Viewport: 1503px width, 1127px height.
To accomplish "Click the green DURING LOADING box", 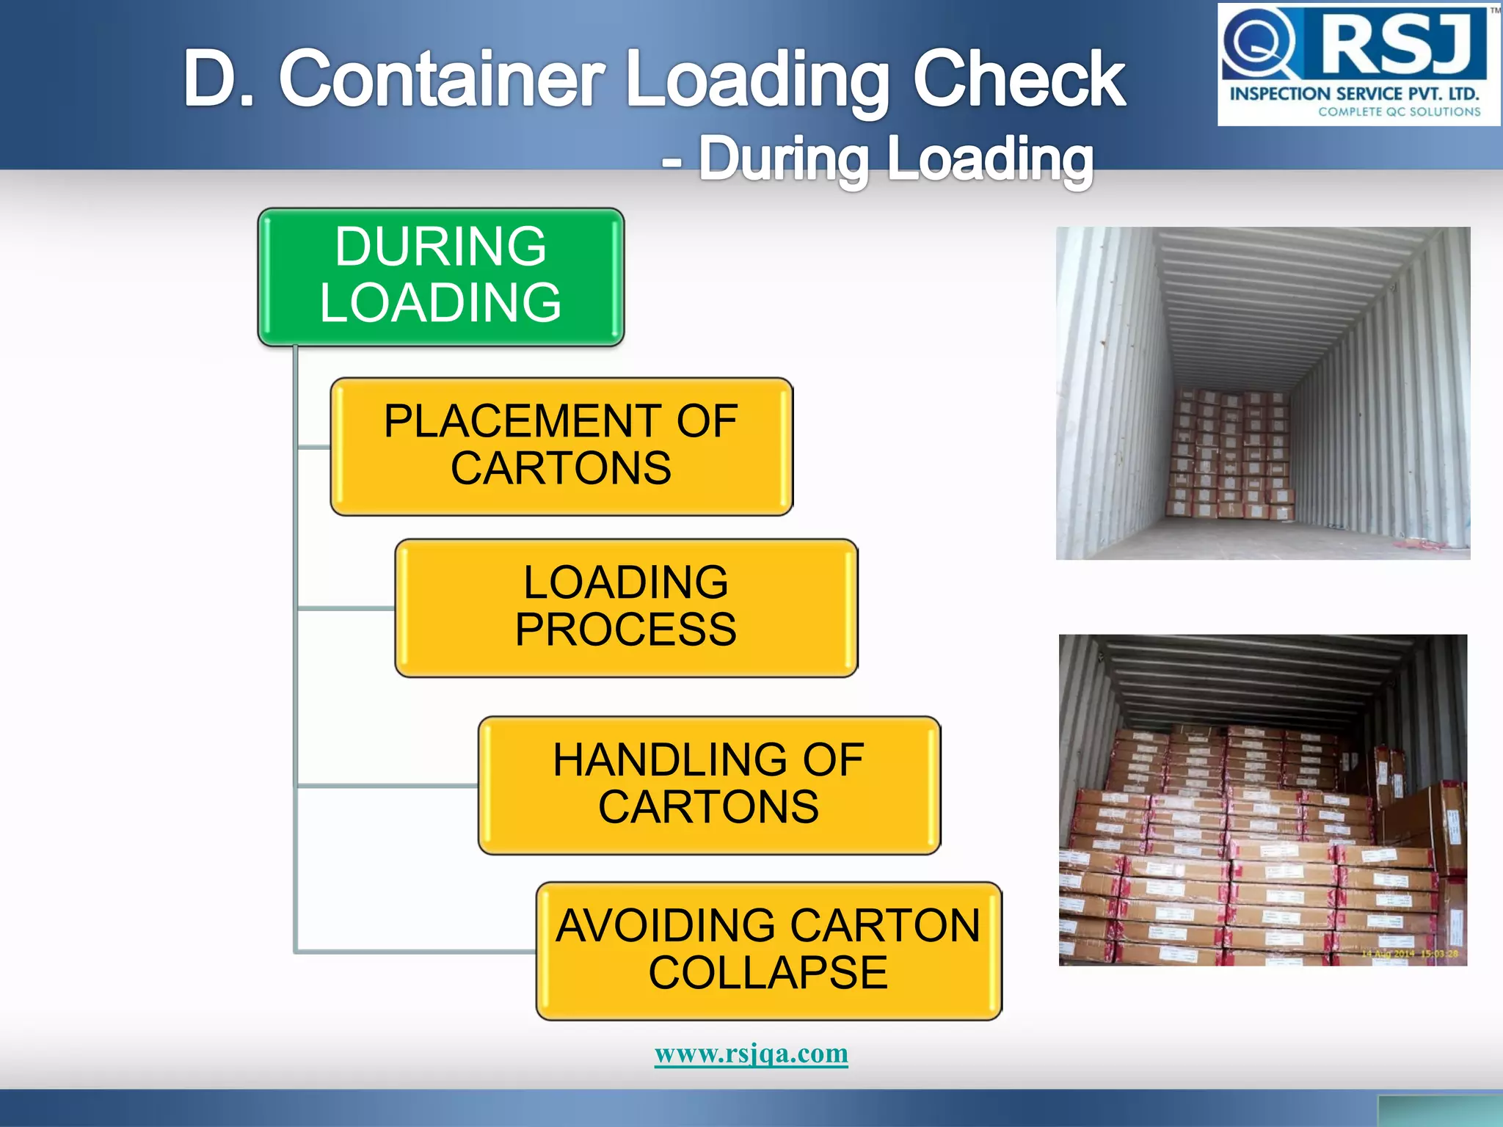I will (x=440, y=277).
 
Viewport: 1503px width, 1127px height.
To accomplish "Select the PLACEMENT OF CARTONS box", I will (x=561, y=446).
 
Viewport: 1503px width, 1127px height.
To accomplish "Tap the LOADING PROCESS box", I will (x=626, y=608).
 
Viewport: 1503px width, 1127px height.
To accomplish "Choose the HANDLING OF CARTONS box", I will (x=709, y=784).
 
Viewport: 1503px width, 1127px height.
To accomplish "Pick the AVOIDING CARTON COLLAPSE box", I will (x=768, y=950).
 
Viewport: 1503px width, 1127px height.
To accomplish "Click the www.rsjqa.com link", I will (x=751, y=1054).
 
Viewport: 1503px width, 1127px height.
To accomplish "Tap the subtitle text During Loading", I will (x=895, y=158).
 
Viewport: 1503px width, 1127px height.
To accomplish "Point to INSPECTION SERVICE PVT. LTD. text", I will (x=1354, y=94).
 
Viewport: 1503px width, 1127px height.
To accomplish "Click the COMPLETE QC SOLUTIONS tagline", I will (x=1399, y=112).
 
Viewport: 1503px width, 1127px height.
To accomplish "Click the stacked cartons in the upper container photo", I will (x=1229, y=455).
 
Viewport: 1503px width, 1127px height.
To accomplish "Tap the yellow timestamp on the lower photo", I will (x=1409, y=954).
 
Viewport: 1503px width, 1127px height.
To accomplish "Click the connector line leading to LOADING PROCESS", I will (x=345, y=608).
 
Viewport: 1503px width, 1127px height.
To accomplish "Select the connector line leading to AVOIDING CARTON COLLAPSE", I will (x=415, y=952).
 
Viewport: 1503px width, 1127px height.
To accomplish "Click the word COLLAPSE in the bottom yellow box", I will (x=768, y=973).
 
